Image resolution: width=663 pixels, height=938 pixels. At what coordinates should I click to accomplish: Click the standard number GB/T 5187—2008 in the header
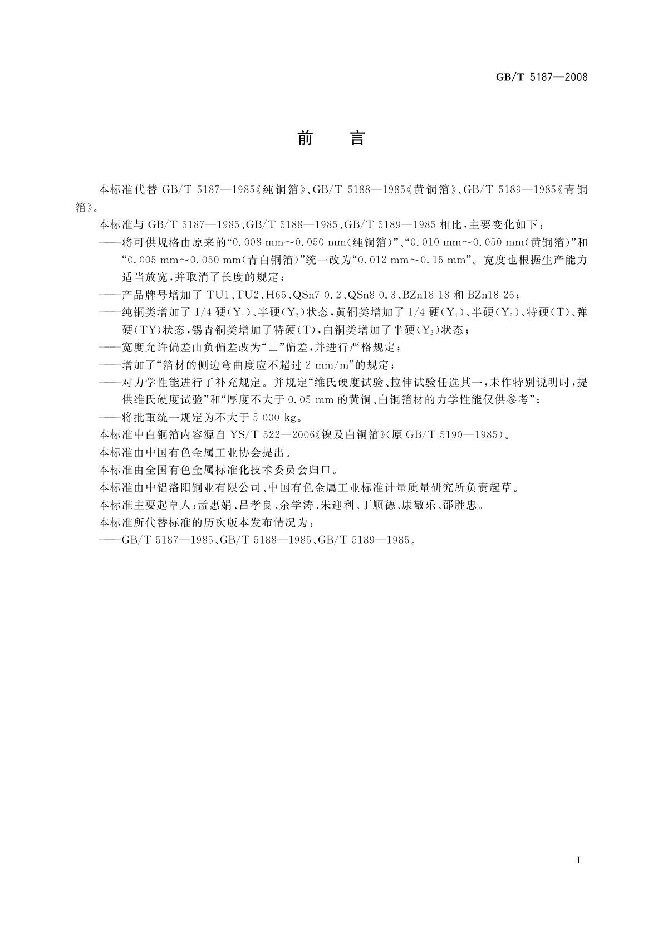pyautogui.click(x=542, y=77)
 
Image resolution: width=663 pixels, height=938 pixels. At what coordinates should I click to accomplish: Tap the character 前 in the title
pyautogui.click(x=305, y=138)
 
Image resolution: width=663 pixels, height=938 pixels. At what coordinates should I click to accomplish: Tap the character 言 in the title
pyautogui.click(x=357, y=138)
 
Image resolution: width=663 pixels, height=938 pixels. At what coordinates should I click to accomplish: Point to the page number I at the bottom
pyautogui.click(x=579, y=861)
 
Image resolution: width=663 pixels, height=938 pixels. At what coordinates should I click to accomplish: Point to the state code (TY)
pyautogui.click(x=143, y=330)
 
